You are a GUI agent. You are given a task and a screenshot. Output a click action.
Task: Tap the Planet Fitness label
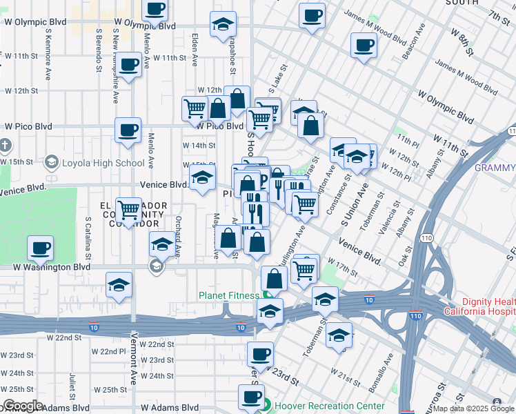(x=228, y=296)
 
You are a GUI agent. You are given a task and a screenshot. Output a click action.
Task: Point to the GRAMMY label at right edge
(x=495, y=168)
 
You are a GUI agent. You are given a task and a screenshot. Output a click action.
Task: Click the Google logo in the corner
(x=23, y=406)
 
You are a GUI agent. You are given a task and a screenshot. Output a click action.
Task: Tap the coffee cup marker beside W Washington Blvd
(x=41, y=248)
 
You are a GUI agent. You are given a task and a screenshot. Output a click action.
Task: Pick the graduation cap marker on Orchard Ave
(x=161, y=244)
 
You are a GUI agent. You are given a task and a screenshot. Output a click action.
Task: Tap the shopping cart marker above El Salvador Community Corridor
(x=128, y=208)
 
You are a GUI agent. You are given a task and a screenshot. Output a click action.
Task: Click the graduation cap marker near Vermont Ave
(x=119, y=284)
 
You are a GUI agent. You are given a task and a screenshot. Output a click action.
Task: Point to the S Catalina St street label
(x=88, y=237)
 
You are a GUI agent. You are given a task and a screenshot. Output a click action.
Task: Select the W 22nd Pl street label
(x=108, y=351)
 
